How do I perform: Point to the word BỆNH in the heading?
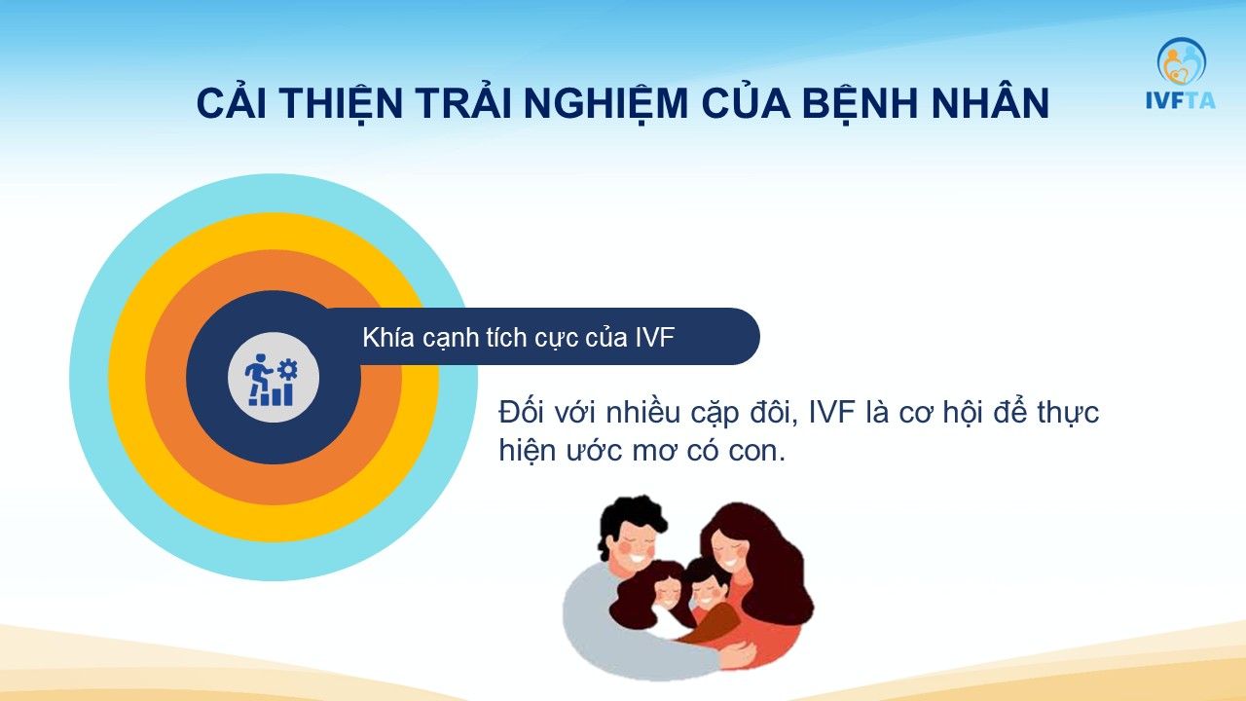861,103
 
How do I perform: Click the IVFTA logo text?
1181,100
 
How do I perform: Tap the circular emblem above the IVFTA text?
1182,61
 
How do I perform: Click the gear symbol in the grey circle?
287,369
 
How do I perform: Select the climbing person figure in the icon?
258,373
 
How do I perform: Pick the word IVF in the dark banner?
655,337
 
